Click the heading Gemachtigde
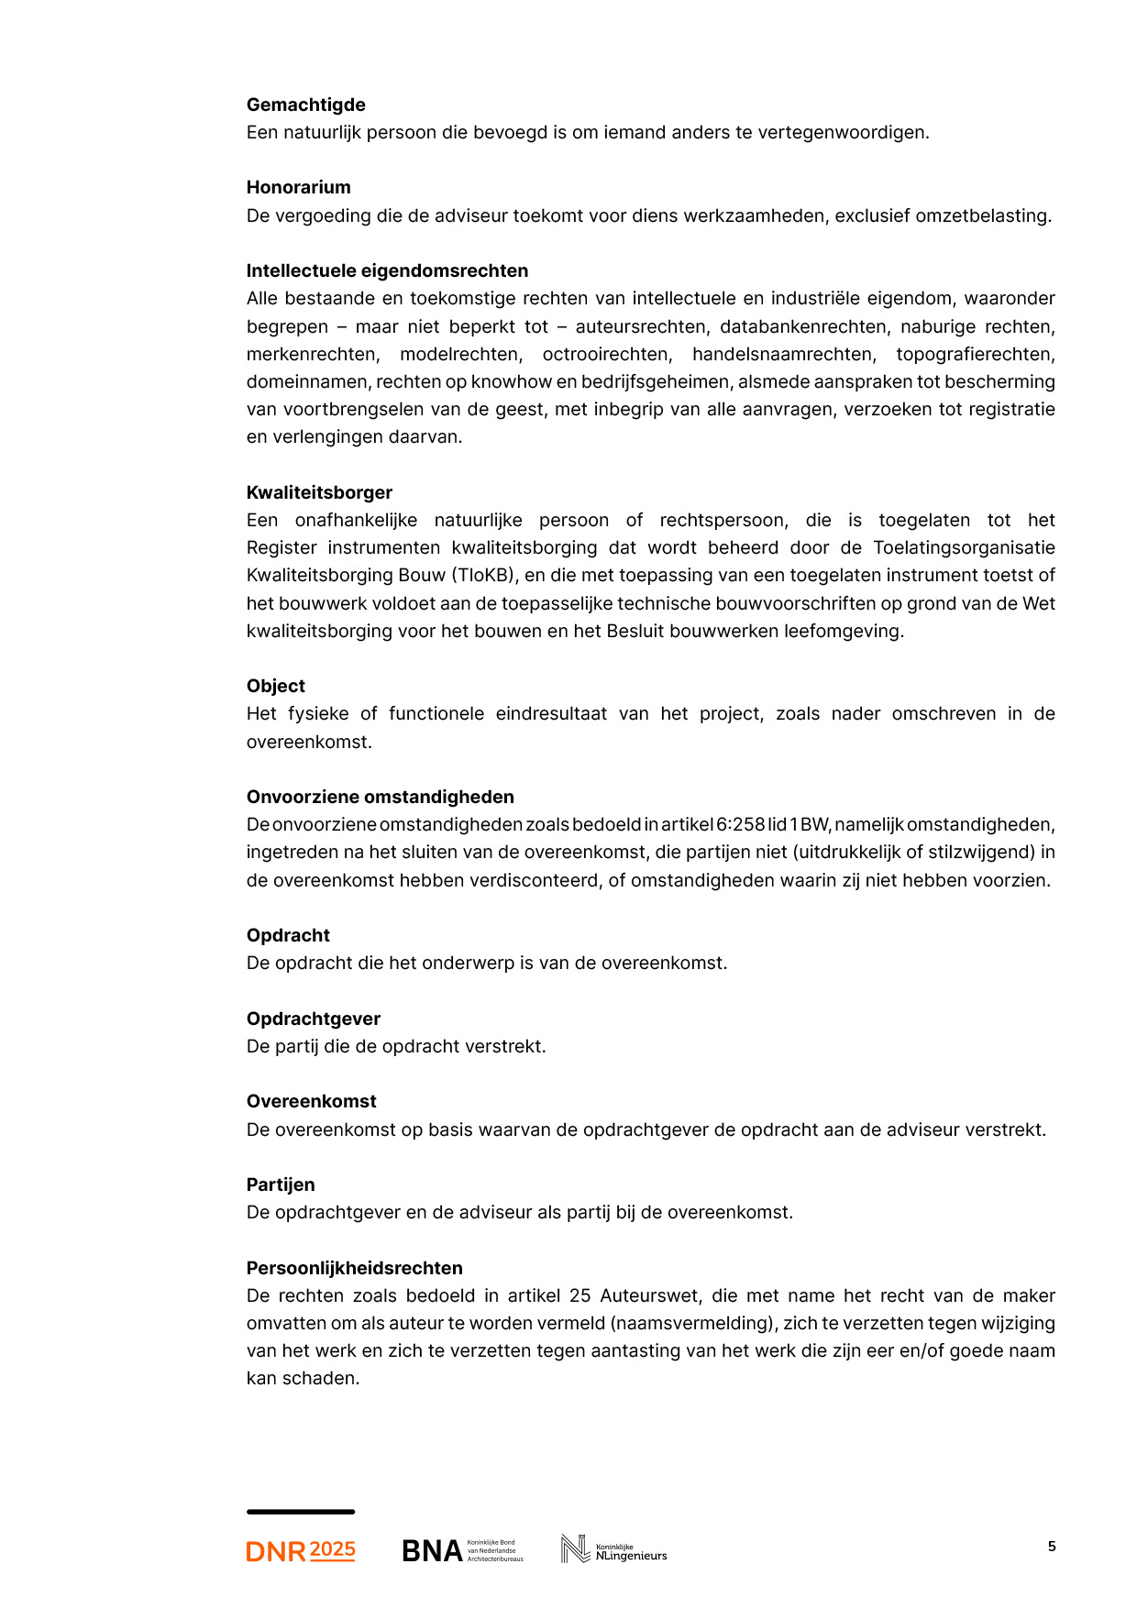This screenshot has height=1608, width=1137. pos(305,105)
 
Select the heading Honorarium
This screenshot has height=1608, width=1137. pos(298,187)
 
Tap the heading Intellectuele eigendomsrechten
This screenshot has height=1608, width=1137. pos(387,270)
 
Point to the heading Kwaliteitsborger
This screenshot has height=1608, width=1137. pos(319,492)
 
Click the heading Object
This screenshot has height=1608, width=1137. pos(275,686)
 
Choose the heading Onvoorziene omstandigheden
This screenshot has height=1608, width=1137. pos(380,797)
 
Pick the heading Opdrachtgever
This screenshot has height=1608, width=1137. pos(313,1019)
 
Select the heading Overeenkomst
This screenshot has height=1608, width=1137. pos(311,1101)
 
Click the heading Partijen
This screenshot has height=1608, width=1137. pos(280,1184)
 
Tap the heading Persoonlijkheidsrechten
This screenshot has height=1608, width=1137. pos(354,1268)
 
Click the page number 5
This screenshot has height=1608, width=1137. pos(1052,1546)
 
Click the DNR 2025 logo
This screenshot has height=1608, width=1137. pos(301,1550)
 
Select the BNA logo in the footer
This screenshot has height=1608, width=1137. pos(462,1550)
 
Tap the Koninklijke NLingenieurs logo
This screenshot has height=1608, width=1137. pos(613,1549)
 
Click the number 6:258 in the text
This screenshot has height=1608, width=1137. pos(740,824)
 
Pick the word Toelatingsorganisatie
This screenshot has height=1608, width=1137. pos(964,547)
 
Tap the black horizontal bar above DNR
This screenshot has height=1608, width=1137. pos(300,1512)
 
